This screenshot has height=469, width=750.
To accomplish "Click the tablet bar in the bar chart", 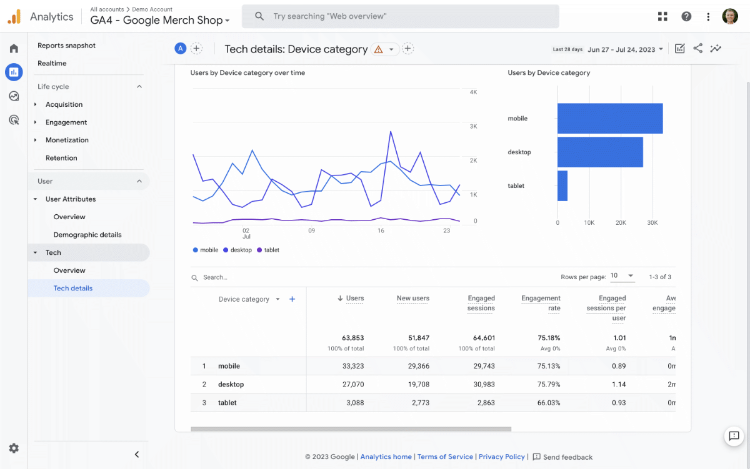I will pos(562,186).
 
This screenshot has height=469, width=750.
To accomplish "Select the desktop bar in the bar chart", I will pos(600,152).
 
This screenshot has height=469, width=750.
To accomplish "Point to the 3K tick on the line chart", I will pos(473,126).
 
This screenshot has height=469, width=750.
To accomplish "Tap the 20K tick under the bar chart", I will pos(621,222).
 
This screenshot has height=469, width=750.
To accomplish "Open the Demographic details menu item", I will pos(87,235).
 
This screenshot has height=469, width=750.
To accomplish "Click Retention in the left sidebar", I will pos(61,158).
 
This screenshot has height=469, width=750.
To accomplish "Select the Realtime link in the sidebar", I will pos(52,63).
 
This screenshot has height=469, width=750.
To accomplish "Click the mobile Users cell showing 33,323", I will pos(353,366).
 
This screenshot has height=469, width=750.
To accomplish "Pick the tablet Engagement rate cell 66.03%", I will pos(549,403).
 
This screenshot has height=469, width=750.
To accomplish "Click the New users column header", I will pos(412,299).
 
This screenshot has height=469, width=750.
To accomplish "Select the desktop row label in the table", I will pos(231,384).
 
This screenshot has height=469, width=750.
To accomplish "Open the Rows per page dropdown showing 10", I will pos(622,276).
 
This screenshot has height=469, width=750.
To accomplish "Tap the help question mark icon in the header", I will pos(686,17).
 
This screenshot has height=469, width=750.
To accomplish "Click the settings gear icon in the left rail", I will pos(14,448).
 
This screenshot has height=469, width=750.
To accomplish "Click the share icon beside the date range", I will pos(697,48).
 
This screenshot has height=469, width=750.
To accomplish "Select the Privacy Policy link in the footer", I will pos(501,457).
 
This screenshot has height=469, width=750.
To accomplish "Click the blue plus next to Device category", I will pos(292,299).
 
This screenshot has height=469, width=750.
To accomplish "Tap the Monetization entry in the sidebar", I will pos(67,140).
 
